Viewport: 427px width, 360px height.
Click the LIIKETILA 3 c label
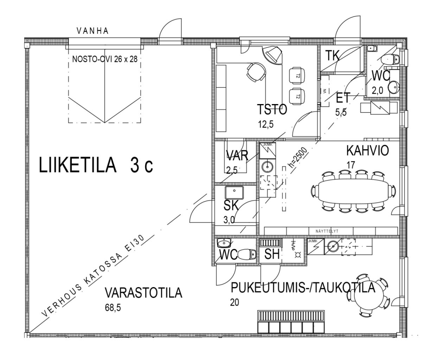tap(96, 166)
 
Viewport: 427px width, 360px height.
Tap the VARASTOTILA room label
tap(144, 293)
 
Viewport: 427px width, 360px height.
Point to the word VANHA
tap(93, 31)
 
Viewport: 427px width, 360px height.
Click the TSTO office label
tap(272, 110)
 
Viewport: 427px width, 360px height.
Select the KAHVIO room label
tap(368, 151)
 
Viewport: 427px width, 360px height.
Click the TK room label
tap(332, 56)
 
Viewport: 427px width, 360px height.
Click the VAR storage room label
tap(237, 155)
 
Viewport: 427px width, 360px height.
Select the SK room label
tap(231, 205)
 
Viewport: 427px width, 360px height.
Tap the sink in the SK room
tap(234, 192)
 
